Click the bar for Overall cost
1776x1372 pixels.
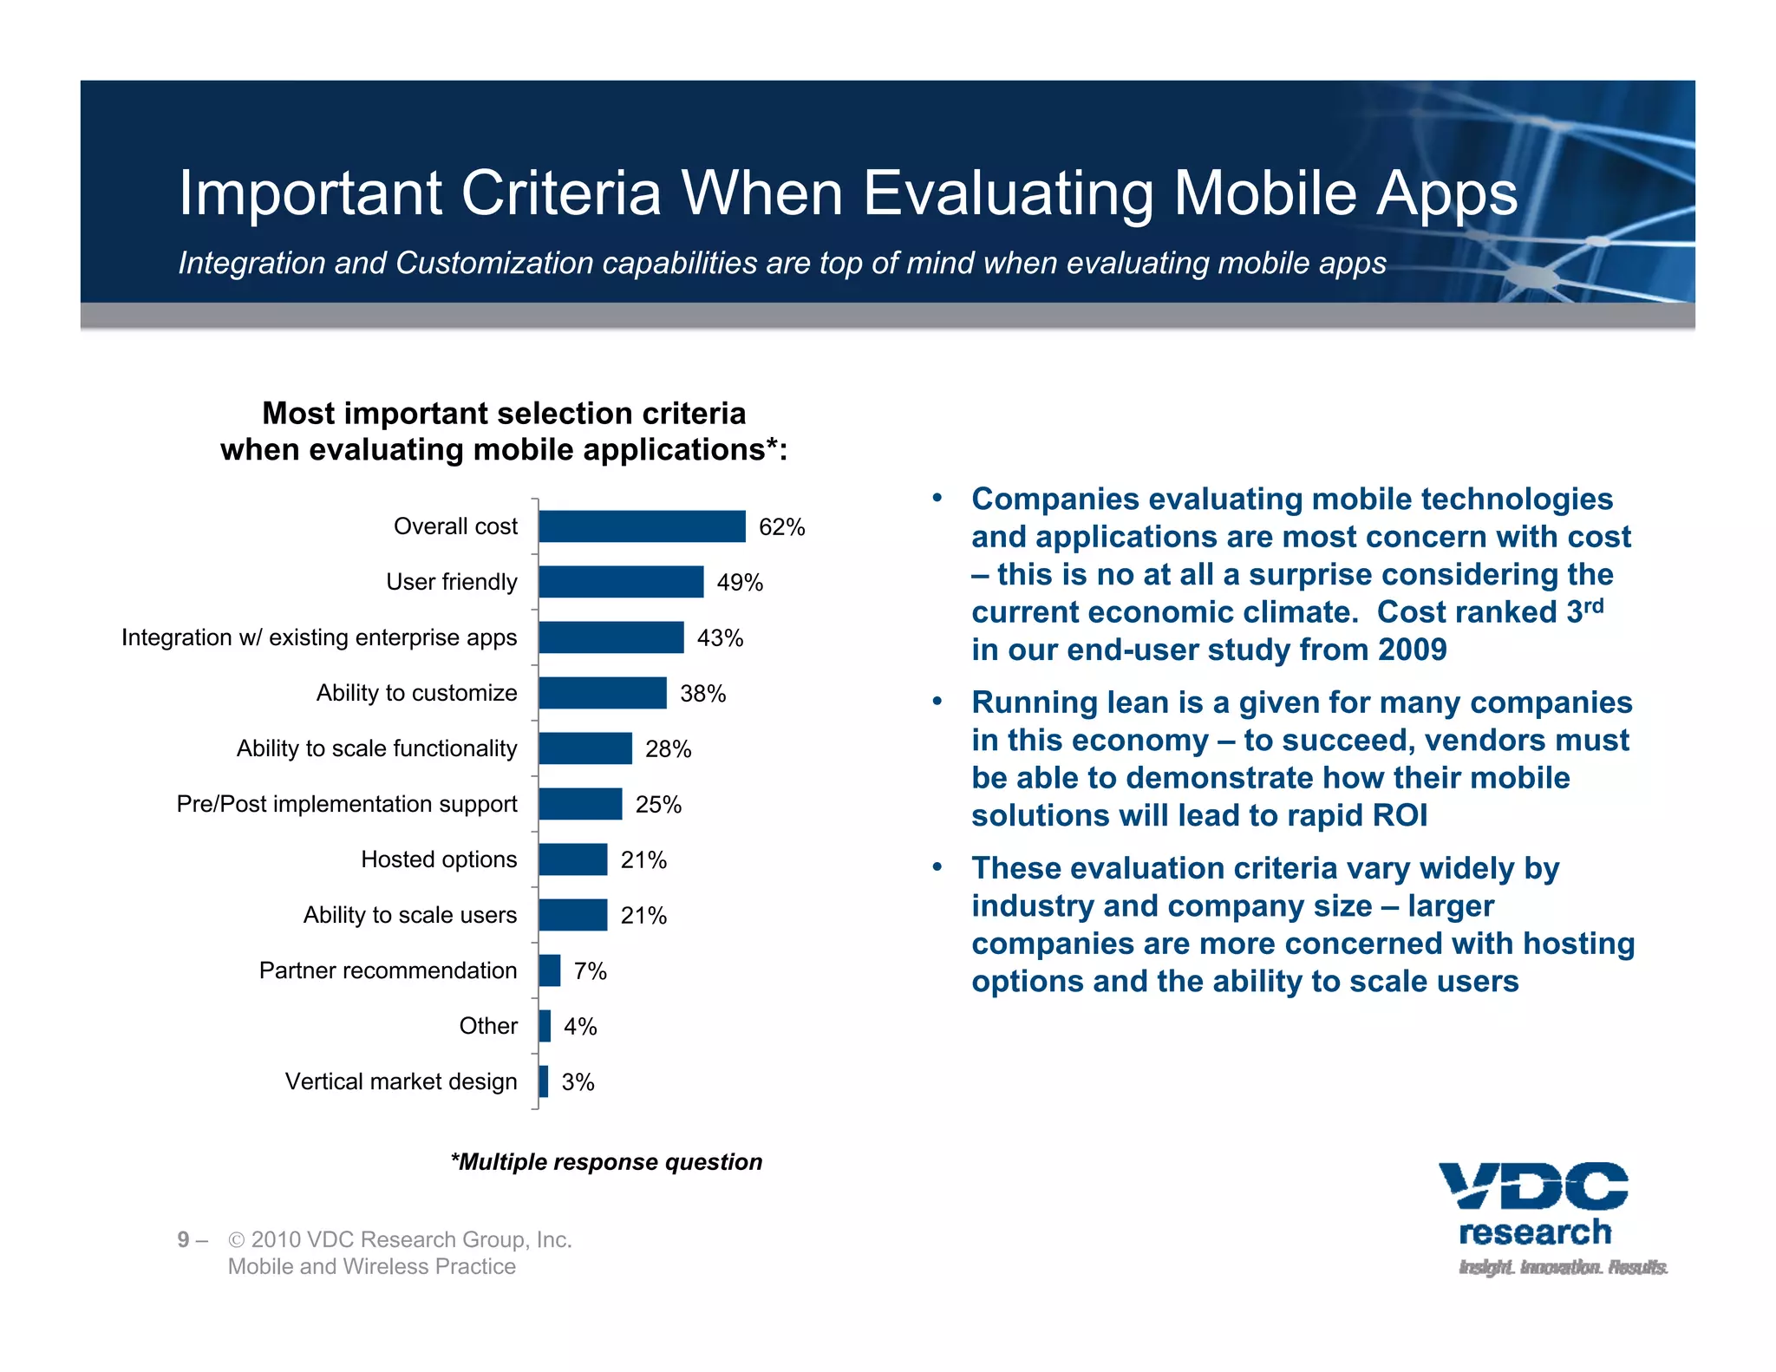point(642,526)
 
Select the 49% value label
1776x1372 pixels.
point(740,583)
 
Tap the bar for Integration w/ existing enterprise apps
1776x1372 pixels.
point(610,637)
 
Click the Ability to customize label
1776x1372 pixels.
point(416,693)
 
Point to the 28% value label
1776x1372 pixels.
point(668,749)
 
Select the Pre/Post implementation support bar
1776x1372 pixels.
point(580,804)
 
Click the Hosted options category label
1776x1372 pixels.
point(439,859)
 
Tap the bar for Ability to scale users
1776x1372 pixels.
point(572,915)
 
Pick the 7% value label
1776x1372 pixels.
point(590,971)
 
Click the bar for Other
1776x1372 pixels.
point(545,1026)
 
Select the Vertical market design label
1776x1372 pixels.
point(401,1081)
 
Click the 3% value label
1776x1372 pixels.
point(578,1082)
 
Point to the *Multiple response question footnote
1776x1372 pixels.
point(606,1162)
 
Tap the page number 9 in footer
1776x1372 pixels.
point(183,1240)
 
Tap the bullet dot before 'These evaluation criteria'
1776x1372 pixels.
point(937,867)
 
